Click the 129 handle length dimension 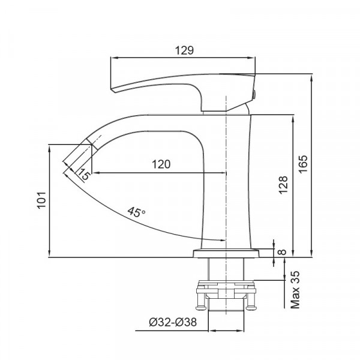click(x=184, y=51)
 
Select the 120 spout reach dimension click(x=160, y=164)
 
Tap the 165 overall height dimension click(x=302, y=164)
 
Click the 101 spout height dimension click(x=41, y=199)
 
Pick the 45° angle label click(x=136, y=212)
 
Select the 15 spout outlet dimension click(x=83, y=175)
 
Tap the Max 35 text click(x=295, y=290)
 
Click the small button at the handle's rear click(x=254, y=92)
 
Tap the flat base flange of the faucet click(x=228, y=253)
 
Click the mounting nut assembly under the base click(x=228, y=288)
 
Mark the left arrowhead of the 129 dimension click(x=112, y=58)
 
